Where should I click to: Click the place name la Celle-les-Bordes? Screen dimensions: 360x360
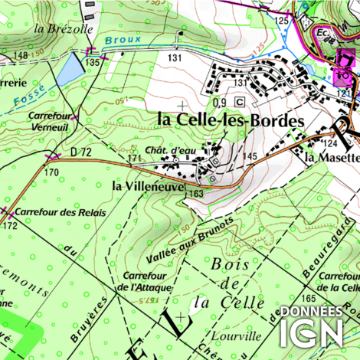231,120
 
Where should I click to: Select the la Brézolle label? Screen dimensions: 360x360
64,28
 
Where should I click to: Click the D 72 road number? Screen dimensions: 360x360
80,152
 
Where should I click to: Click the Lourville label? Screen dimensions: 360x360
238,335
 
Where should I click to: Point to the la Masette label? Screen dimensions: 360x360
332,158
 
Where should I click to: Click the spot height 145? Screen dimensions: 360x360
250,156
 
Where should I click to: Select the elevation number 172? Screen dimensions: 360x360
9,227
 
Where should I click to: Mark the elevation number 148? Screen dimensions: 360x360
20,57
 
